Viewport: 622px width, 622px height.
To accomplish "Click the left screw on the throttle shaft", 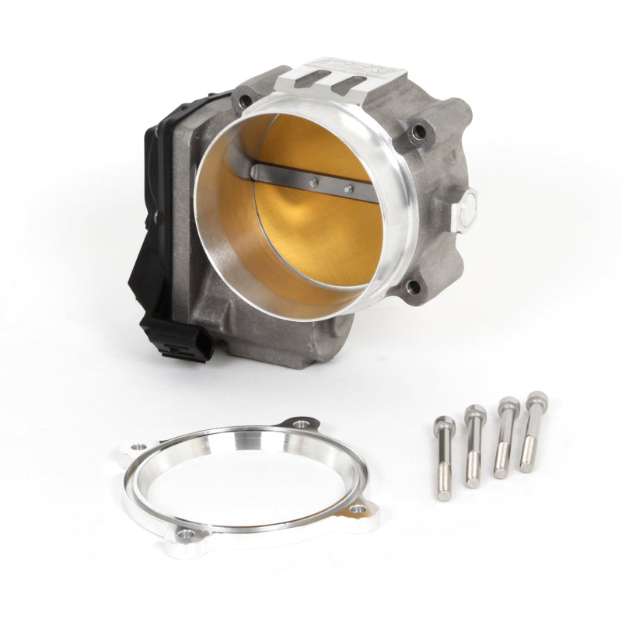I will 313,183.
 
